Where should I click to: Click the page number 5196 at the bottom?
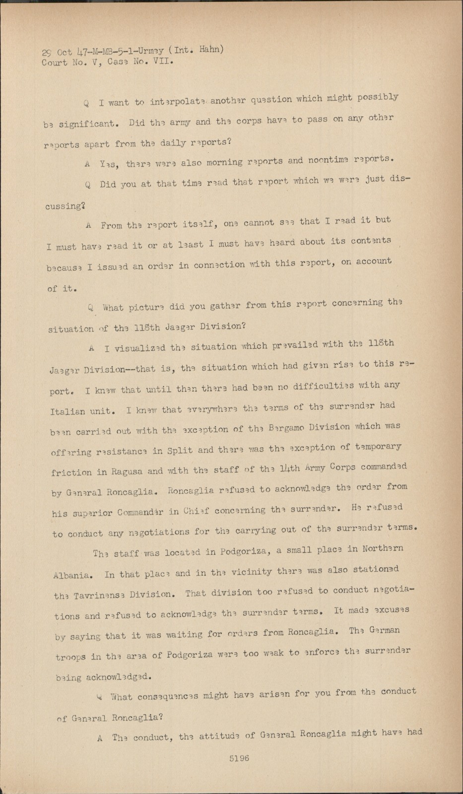(239, 758)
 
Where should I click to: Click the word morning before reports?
(221, 162)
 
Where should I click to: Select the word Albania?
(72, 576)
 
